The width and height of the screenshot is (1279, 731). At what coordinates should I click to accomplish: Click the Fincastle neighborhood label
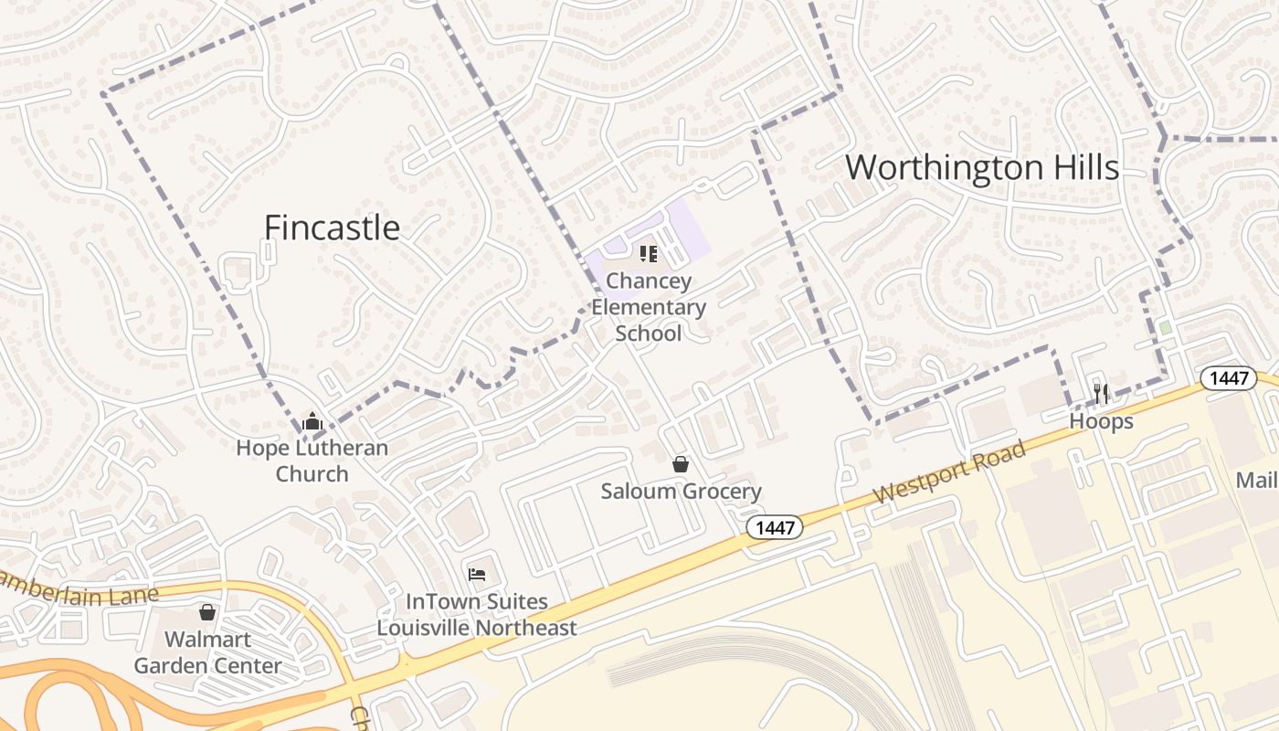[x=332, y=228]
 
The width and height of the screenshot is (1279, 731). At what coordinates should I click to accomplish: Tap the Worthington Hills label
[x=981, y=168]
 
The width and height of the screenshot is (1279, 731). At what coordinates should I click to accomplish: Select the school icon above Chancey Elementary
[x=649, y=254]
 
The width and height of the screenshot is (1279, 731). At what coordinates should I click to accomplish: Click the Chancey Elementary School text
[x=649, y=307]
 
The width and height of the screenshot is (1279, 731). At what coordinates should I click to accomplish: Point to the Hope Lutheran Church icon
[x=312, y=421]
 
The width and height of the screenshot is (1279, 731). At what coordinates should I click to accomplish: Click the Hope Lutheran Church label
[x=312, y=461]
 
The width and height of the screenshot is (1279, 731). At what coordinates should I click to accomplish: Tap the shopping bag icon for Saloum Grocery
[x=681, y=464]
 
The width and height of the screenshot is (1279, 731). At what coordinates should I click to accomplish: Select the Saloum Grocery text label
[x=681, y=492]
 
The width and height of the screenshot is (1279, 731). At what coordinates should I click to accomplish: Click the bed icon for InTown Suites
[x=477, y=575]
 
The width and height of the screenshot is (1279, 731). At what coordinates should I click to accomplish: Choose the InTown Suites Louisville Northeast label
[x=477, y=615]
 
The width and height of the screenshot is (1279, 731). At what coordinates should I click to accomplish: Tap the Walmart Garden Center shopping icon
[x=207, y=611]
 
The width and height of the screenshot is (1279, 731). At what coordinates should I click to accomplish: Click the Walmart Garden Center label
[x=207, y=652]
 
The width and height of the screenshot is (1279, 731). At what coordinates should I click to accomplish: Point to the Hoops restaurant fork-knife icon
[x=1101, y=394]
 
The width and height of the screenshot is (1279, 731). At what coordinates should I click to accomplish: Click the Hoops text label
[x=1101, y=421]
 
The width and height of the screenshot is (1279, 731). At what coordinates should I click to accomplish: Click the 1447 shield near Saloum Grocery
[x=774, y=527]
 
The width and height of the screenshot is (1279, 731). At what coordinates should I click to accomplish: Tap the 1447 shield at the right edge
[x=1229, y=378]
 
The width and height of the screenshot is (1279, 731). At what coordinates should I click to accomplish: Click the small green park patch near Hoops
[x=1165, y=327]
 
